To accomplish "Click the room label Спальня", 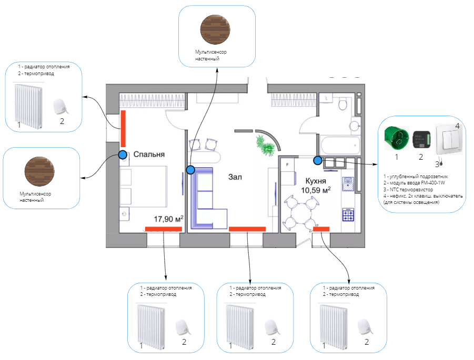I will [149, 155].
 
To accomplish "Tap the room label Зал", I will [235, 177].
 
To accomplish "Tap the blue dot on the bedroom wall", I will [123, 155].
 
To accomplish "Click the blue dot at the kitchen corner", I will [317, 159].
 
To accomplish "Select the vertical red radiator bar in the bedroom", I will [123, 129].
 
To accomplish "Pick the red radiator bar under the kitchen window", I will [321, 229].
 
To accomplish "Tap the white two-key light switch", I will [448, 139].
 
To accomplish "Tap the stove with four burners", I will [348, 215].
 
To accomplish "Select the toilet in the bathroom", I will [342, 105].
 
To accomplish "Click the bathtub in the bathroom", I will [341, 143].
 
